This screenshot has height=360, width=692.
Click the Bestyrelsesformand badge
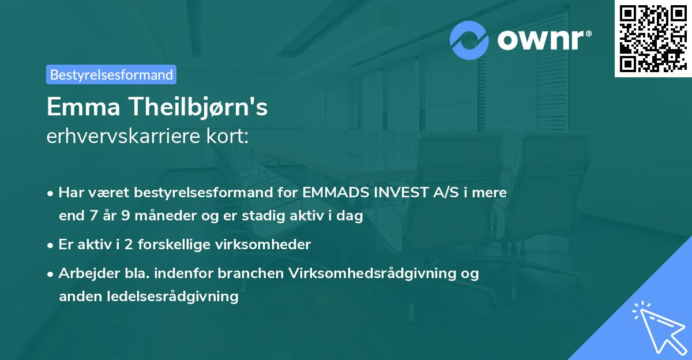coord(111,74)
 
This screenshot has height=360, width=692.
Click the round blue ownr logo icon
coord(469,40)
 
